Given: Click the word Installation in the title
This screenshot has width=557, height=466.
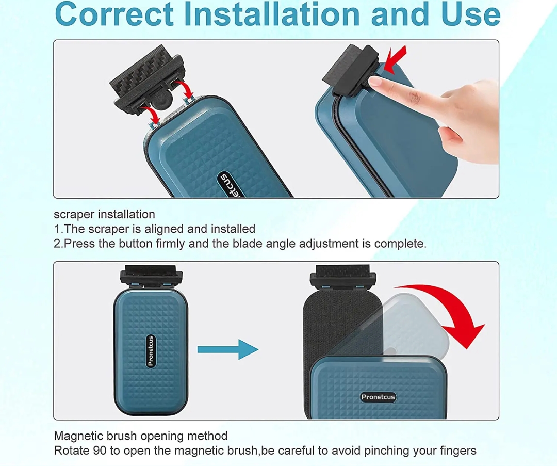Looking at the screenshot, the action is point(272,14).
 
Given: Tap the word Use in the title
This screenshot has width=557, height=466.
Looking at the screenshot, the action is point(471,14).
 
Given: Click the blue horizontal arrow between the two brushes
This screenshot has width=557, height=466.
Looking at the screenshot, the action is point(228,349).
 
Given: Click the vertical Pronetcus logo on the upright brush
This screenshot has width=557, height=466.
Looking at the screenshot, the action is point(151,351).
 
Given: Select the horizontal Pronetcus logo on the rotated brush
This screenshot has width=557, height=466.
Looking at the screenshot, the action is point(378,397).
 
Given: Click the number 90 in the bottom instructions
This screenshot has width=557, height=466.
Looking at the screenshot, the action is point(100,451).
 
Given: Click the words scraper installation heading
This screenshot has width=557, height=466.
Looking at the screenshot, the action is point(104,215).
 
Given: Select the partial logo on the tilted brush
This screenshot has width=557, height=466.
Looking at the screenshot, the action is point(230,185).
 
